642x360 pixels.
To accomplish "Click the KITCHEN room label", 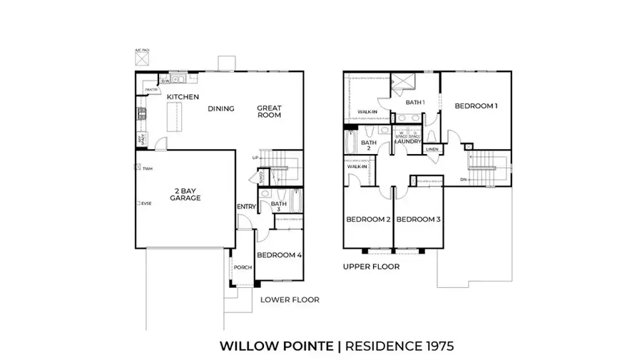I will pyautogui.click(x=183, y=97).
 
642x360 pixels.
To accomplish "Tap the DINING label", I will pyautogui.click(x=220, y=109).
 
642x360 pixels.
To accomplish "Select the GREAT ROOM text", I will pyautogui.click(x=270, y=113).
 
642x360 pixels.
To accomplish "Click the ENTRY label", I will pyautogui.click(x=245, y=207).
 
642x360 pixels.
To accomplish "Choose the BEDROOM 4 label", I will pyautogui.click(x=279, y=255).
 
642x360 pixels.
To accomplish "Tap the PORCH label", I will pyautogui.click(x=243, y=268).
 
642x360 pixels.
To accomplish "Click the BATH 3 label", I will pyautogui.click(x=279, y=206).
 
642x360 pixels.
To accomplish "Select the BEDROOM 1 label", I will pyautogui.click(x=476, y=106).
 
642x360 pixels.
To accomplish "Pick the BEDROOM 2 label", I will pyautogui.click(x=367, y=220).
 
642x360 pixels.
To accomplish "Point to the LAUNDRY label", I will pyautogui.click(x=408, y=141).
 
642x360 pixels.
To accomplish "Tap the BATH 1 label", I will pyautogui.click(x=415, y=103).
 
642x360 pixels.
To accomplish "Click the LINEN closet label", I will pyautogui.click(x=432, y=150).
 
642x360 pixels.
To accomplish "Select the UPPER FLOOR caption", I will pyautogui.click(x=370, y=267).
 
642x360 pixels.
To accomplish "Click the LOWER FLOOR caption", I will pyautogui.click(x=290, y=299).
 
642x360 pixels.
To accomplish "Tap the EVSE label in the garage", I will pyautogui.click(x=147, y=204).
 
